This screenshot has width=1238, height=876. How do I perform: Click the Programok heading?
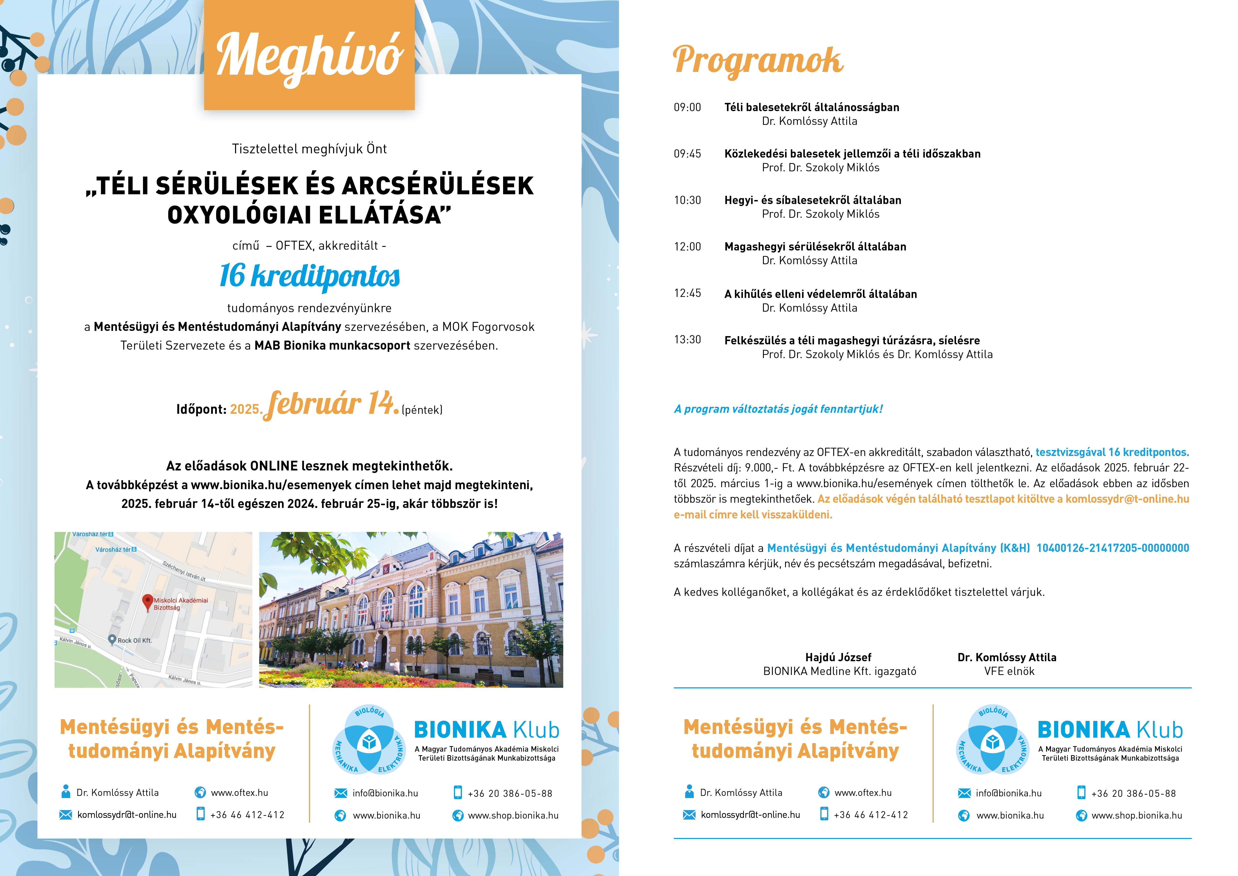pyautogui.click(x=758, y=60)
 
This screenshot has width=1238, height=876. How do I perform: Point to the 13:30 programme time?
pyautogui.click(x=688, y=340)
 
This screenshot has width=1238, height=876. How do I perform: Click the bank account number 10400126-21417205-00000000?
pyautogui.click(x=1112, y=548)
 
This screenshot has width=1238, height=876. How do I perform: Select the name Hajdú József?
pyautogui.click(x=838, y=657)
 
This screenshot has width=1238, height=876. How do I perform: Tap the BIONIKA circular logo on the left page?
pyautogui.click(x=369, y=739)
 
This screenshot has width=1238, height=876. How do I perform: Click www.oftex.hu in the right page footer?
pyautogui.click(x=863, y=792)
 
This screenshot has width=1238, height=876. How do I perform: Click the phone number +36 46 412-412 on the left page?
pyautogui.click(x=247, y=815)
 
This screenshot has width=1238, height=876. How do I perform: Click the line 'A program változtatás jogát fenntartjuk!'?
pyautogui.click(x=778, y=409)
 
